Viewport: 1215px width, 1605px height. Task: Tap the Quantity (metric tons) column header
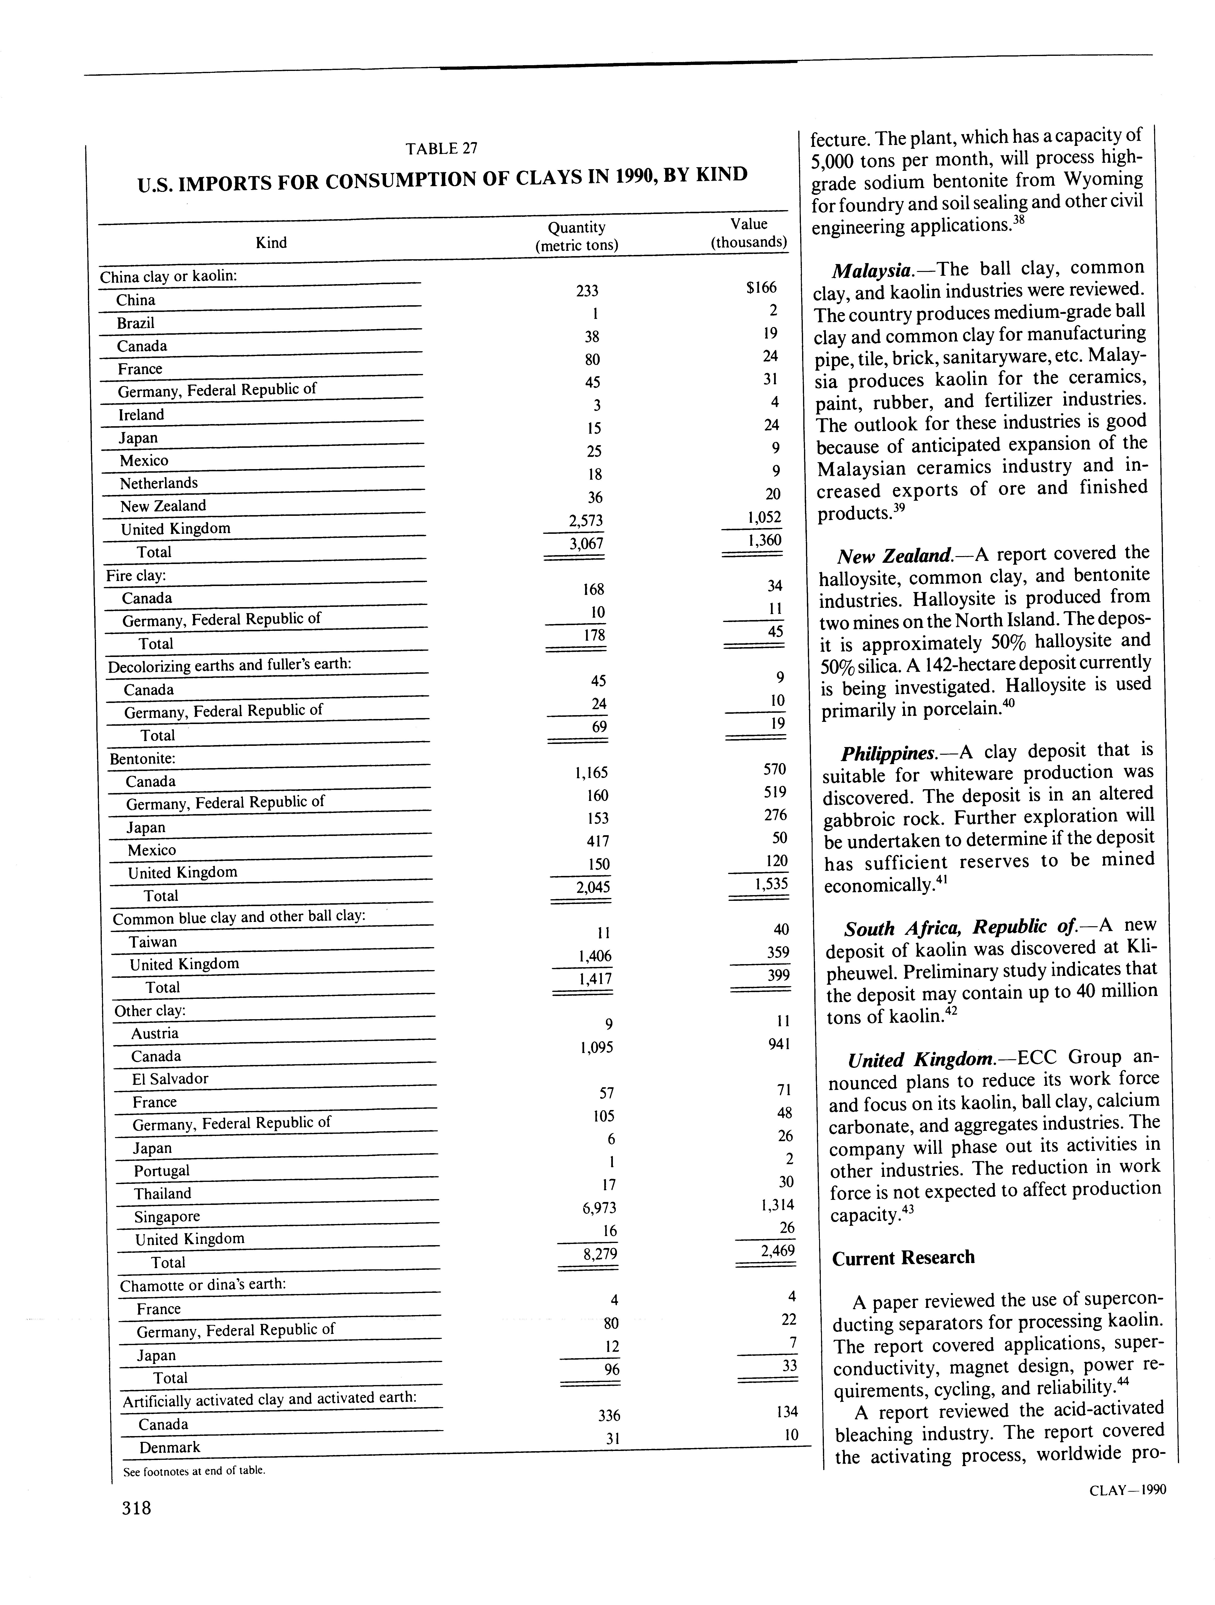click(577, 236)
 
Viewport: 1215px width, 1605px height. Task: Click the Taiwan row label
click(152, 942)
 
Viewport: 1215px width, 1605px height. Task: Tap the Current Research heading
click(903, 1257)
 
